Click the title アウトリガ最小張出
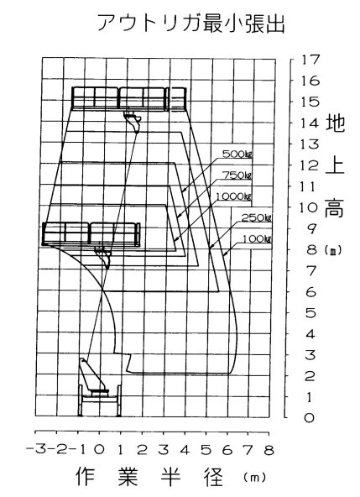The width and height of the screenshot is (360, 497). point(191,24)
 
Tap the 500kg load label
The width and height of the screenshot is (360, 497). point(237,154)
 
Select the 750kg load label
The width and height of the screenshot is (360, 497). point(237,175)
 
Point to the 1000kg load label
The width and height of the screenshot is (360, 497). point(234,196)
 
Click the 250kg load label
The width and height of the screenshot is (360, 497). point(257,217)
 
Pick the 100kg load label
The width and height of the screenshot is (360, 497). point(257,238)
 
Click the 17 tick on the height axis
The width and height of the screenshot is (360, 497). point(310,60)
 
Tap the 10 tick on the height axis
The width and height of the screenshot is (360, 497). point(308,207)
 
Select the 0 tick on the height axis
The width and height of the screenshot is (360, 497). point(309,417)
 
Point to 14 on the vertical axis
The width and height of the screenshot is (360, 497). point(310,123)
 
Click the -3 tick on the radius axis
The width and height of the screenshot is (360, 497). point(35,449)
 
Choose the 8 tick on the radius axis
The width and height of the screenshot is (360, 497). point(269,450)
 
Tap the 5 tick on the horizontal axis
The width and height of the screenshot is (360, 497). point(206,450)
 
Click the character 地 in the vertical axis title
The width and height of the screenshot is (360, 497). point(335,123)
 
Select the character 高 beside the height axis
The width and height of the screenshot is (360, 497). point(334,207)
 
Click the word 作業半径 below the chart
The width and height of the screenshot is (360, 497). point(149,476)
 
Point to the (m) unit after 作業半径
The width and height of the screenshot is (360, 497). point(255,477)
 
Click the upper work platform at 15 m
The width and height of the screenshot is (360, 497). point(128,98)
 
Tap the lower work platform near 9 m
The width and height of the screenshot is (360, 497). point(91,234)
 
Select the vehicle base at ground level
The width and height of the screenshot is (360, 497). point(100,400)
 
